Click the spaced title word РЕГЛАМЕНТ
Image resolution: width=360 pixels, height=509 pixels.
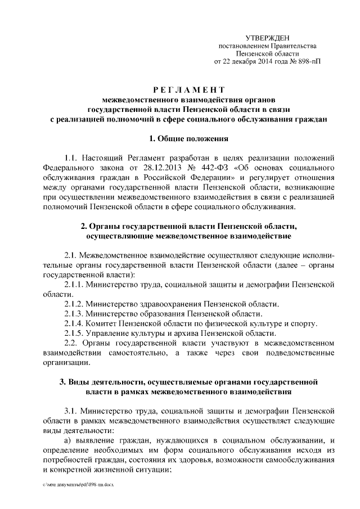189,90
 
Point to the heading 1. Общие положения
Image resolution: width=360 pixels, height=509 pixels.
189,138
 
